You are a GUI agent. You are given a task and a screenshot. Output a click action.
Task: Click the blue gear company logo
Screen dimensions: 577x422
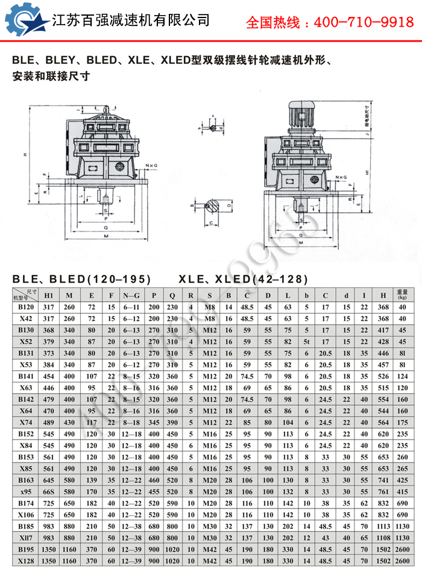(26, 20)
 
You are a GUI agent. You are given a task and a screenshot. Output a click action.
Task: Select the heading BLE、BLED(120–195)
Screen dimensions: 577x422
(81, 279)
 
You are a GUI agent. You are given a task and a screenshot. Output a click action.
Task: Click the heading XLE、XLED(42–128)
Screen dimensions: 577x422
(243, 279)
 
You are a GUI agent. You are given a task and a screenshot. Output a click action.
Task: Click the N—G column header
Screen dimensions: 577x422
(131, 295)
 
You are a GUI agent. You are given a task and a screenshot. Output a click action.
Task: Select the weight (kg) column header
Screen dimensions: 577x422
(402, 295)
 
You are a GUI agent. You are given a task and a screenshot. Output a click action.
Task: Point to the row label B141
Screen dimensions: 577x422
(25, 376)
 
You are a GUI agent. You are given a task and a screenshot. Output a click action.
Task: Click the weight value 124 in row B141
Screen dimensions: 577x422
(402, 376)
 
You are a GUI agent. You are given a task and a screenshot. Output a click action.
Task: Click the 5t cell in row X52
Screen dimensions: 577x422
(306, 341)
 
